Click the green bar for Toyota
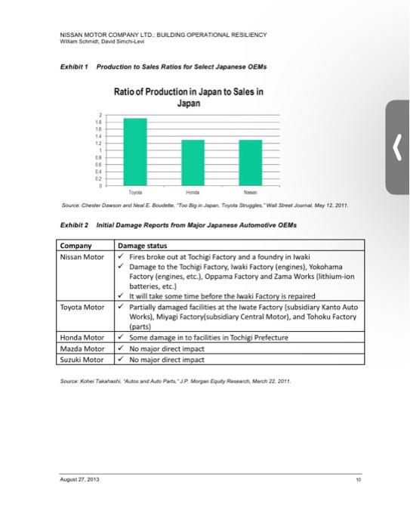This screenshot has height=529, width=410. (x=136, y=151)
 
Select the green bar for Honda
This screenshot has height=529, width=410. (x=193, y=162)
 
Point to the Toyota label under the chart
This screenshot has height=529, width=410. (x=136, y=192)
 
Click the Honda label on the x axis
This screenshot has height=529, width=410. (x=193, y=192)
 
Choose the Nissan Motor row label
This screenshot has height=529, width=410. (x=83, y=256)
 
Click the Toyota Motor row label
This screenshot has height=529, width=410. (x=83, y=308)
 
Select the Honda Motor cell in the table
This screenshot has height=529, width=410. (x=82, y=337)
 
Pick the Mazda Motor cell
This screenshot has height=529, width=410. (x=82, y=348)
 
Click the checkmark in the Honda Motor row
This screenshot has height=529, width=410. (x=122, y=337)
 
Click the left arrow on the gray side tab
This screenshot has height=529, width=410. (x=399, y=146)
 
